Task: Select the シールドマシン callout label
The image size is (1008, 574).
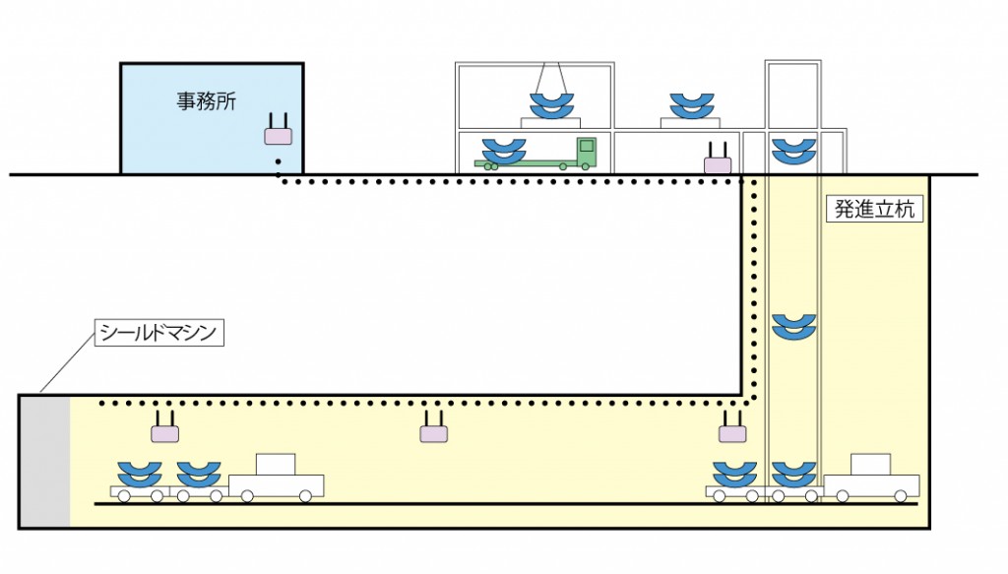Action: (158, 332)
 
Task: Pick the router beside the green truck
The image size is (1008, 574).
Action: (718, 160)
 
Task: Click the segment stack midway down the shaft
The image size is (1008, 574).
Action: (792, 327)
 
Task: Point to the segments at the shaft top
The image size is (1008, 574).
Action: (792, 151)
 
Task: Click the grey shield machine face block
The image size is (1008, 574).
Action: (45, 461)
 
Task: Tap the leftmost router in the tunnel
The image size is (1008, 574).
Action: (164, 429)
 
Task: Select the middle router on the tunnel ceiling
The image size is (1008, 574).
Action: (433, 429)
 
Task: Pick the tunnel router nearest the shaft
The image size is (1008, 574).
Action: (731, 429)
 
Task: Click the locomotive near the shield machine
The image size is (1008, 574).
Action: (277, 478)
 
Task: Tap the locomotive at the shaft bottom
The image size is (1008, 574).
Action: (871, 478)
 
